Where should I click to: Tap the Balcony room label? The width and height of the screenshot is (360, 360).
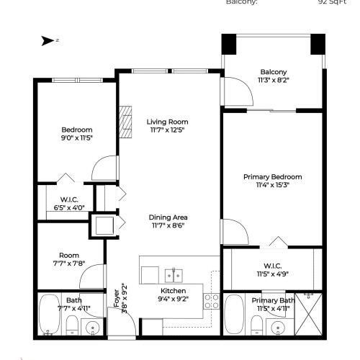click(273, 71)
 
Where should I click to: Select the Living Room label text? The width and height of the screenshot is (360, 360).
click(167, 122)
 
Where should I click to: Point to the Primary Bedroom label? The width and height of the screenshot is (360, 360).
click(272, 176)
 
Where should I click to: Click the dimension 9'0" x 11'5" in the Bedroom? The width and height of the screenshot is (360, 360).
click(77, 137)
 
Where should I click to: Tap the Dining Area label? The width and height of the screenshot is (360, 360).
click(168, 217)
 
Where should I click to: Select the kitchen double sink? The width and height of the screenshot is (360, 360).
click(173, 274)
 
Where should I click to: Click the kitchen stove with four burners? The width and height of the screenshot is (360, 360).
click(212, 300)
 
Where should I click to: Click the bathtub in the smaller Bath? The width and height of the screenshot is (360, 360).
click(50, 314)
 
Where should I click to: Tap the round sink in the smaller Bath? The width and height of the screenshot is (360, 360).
click(91, 328)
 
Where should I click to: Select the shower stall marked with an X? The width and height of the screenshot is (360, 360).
click(312, 314)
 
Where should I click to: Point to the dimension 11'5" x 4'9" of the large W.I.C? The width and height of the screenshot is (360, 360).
click(272, 273)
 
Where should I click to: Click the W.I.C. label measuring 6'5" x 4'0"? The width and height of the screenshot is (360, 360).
click(69, 207)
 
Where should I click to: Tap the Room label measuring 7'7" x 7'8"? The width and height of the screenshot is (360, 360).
click(69, 263)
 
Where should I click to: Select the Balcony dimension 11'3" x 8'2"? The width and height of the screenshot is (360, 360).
click(273, 80)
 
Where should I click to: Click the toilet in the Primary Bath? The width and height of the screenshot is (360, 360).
click(256, 330)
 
